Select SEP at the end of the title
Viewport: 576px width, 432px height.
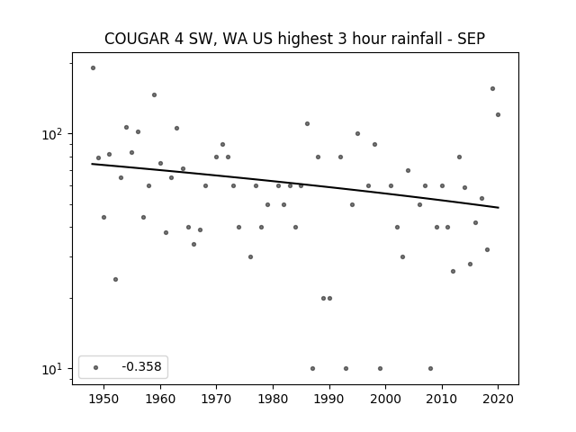click(x=471, y=39)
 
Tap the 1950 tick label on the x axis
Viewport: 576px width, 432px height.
click(x=104, y=399)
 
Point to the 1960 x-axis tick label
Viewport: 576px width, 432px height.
click(x=160, y=399)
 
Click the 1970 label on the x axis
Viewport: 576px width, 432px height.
click(x=217, y=399)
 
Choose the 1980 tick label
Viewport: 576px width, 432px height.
click(x=273, y=399)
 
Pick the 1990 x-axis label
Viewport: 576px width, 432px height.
click(x=329, y=399)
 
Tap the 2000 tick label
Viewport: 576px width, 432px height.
click(x=386, y=399)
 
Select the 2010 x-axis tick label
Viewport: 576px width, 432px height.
click(x=442, y=399)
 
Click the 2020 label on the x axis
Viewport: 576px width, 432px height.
click(x=499, y=399)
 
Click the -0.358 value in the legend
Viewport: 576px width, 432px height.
click(x=141, y=366)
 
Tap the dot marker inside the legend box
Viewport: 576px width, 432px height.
click(x=96, y=367)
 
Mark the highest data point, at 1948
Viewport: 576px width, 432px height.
click(x=93, y=68)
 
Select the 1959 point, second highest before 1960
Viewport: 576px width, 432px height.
click(x=154, y=94)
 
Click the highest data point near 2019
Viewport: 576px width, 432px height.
click(x=492, y=88)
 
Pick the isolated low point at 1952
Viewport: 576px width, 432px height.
click(x=116, y=280)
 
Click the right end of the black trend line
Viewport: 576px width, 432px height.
click(x=499, y=208)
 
